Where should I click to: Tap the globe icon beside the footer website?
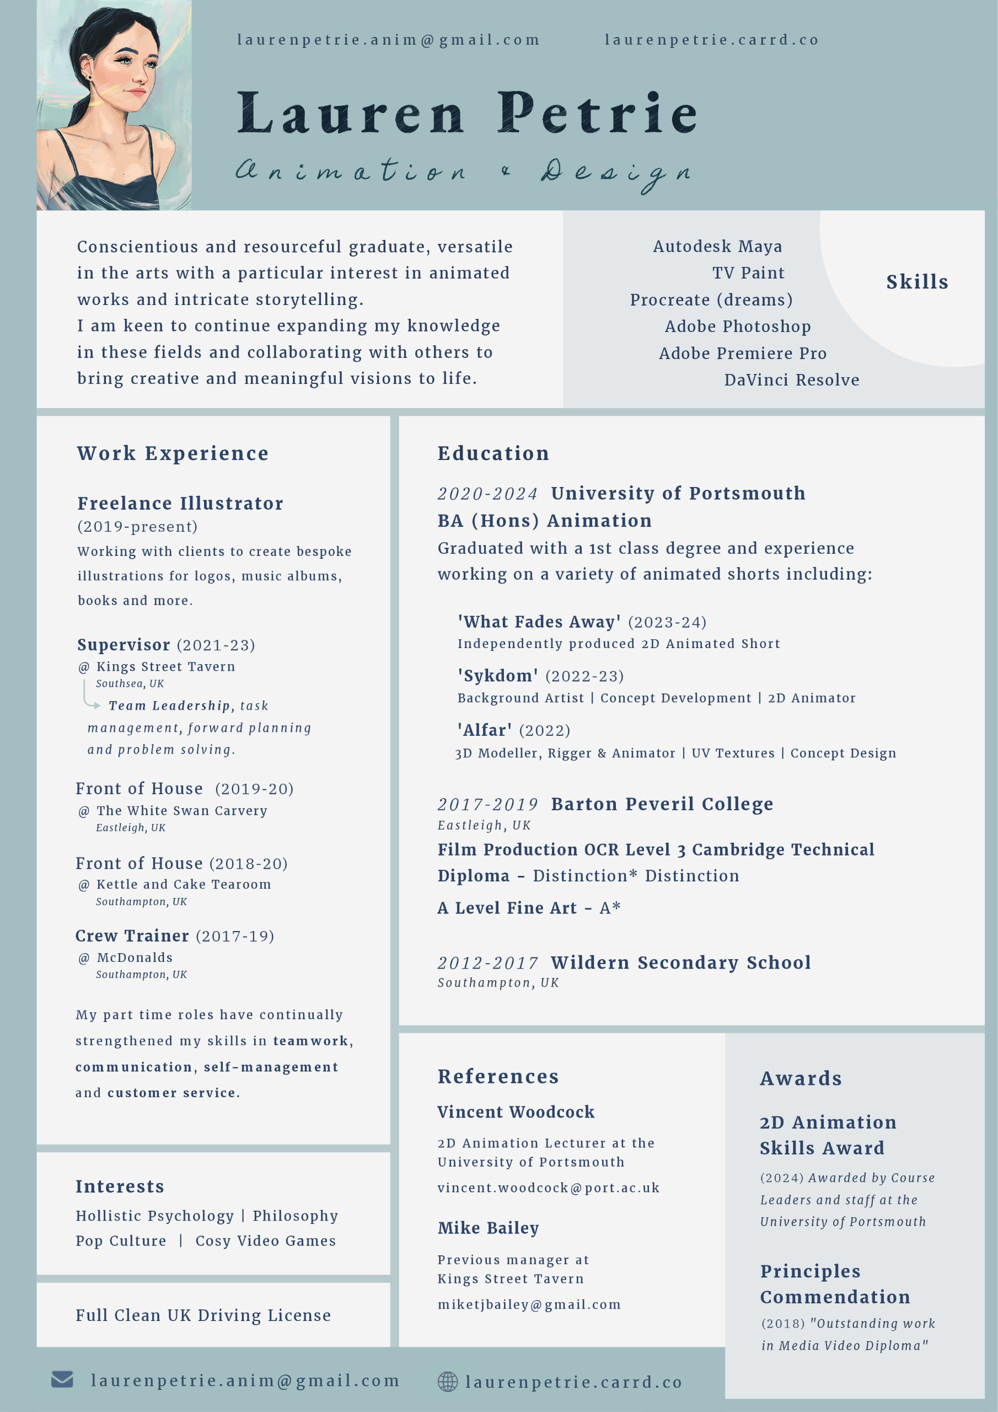[448, 1381]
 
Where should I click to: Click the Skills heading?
[917, 282]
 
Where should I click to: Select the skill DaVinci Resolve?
[791, 380]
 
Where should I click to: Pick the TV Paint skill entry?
[748, 273]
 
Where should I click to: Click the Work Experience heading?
[173, 453]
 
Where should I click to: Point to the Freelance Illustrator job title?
[180, 504]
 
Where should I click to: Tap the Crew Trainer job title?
[132, 935]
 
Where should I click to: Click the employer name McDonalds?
[135, 958]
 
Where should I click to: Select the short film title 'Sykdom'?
[498, 676]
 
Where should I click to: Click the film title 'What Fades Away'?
[539, 622]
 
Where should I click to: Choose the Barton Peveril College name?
[662, 804]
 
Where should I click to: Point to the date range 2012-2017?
[487, 962]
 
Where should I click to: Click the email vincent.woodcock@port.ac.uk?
[549, 1188]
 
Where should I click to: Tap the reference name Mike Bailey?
[488, 1228]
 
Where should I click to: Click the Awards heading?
[801, 1078]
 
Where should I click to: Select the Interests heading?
[120, 1186]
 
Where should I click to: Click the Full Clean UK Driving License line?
[203, 1315]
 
